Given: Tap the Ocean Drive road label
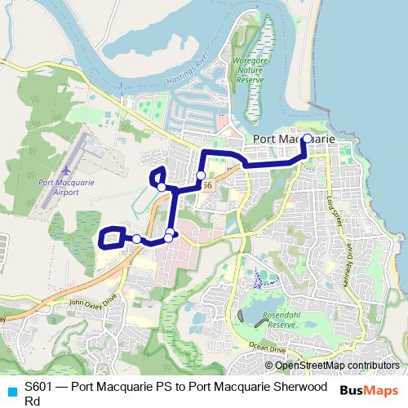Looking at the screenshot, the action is (267, 348).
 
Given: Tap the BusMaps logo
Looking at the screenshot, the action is (369, 389).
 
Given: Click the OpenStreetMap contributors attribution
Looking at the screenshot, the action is (337, 366).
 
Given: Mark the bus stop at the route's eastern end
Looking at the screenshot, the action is (308, 140).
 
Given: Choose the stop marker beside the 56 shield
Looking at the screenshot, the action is (201, 175).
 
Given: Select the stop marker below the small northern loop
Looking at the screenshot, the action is (162, 188).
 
